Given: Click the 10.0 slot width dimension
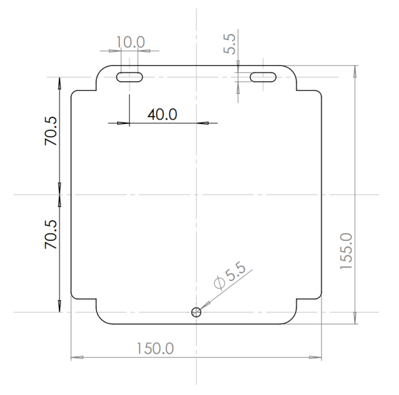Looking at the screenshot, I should (130, 42).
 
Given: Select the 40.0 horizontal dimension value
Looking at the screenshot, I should (162, 114).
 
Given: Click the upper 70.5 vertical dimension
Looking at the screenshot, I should (52, 132).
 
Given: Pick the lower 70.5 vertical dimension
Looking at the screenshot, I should (52, 235).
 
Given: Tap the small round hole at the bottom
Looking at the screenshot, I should (196, 312).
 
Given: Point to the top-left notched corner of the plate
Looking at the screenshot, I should (96, 90).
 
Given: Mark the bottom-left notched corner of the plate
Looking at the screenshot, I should (96, 299).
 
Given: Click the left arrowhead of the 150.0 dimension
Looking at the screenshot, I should (75, 358).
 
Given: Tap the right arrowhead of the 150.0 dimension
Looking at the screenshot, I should (318, 358).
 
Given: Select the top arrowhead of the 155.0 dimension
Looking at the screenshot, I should (355, 70).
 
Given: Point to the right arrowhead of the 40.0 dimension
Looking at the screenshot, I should (205, 123).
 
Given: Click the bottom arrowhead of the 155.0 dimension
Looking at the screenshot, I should (355, 320).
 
